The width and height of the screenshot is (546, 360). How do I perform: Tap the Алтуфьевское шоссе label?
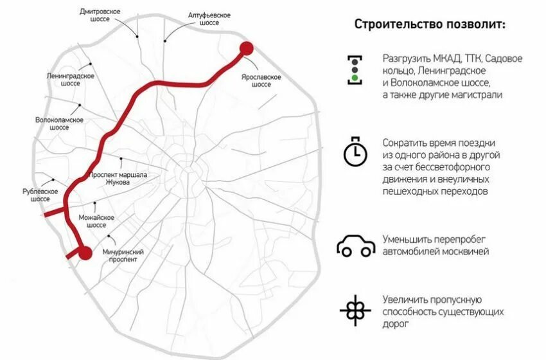click(x=209, y=19)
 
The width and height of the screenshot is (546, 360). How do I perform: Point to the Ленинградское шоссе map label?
click(x=71, y=80)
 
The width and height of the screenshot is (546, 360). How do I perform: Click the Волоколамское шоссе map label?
click(x=60, y=123)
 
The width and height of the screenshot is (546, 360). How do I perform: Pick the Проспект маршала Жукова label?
click(x=119, y=179)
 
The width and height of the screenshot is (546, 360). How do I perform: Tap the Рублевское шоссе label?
click(x=39, y=195)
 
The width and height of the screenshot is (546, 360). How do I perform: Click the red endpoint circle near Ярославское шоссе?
click(x=247, y=49)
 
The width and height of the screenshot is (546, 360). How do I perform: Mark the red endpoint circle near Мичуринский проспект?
click(x=84, y=253)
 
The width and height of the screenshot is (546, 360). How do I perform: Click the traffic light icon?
click(x=354, y=69)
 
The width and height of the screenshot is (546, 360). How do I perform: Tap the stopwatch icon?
click(x=353, y=152)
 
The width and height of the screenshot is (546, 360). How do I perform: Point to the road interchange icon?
click(x=354, y=310)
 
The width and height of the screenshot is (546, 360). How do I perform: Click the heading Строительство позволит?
click(x=430, y=24)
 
